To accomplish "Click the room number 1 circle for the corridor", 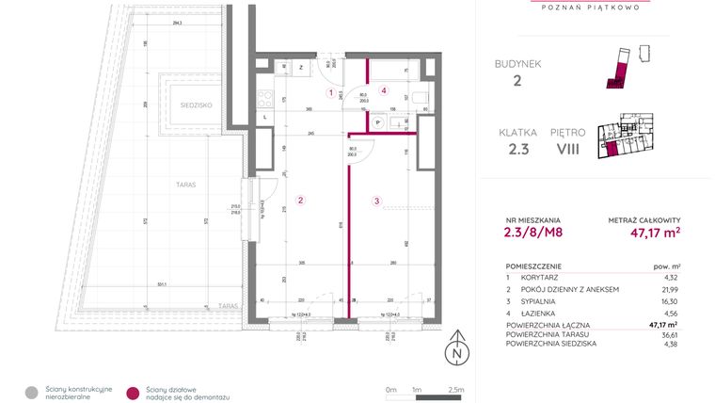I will tap(330, 92).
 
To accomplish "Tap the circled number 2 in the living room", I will tap(300, 200).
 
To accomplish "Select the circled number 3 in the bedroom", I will tap(376, 201).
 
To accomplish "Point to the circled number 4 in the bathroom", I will tap(384, 90).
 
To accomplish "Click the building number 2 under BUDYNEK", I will tap(516, 81).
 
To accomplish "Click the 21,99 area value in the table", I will tap(670, 289).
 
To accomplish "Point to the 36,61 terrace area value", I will tap(670, 334).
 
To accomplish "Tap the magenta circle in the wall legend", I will tap(133, 392).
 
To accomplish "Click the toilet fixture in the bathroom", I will tap(420, 97).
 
